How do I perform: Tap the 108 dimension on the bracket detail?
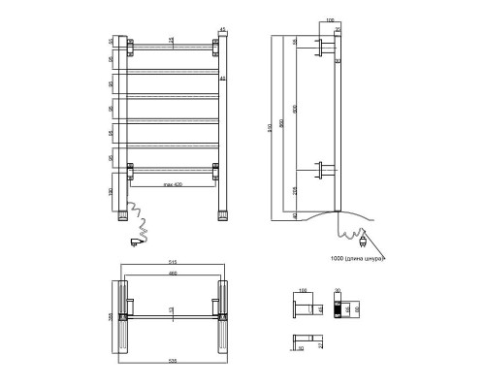coord(302,290)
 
